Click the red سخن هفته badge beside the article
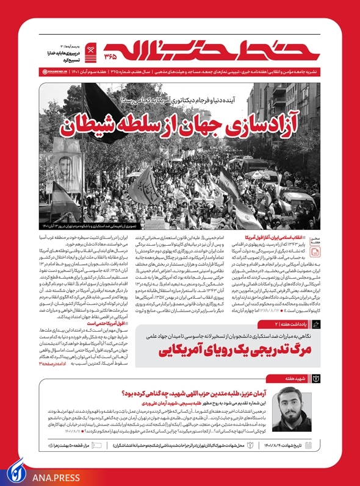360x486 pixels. coord(333,241)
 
